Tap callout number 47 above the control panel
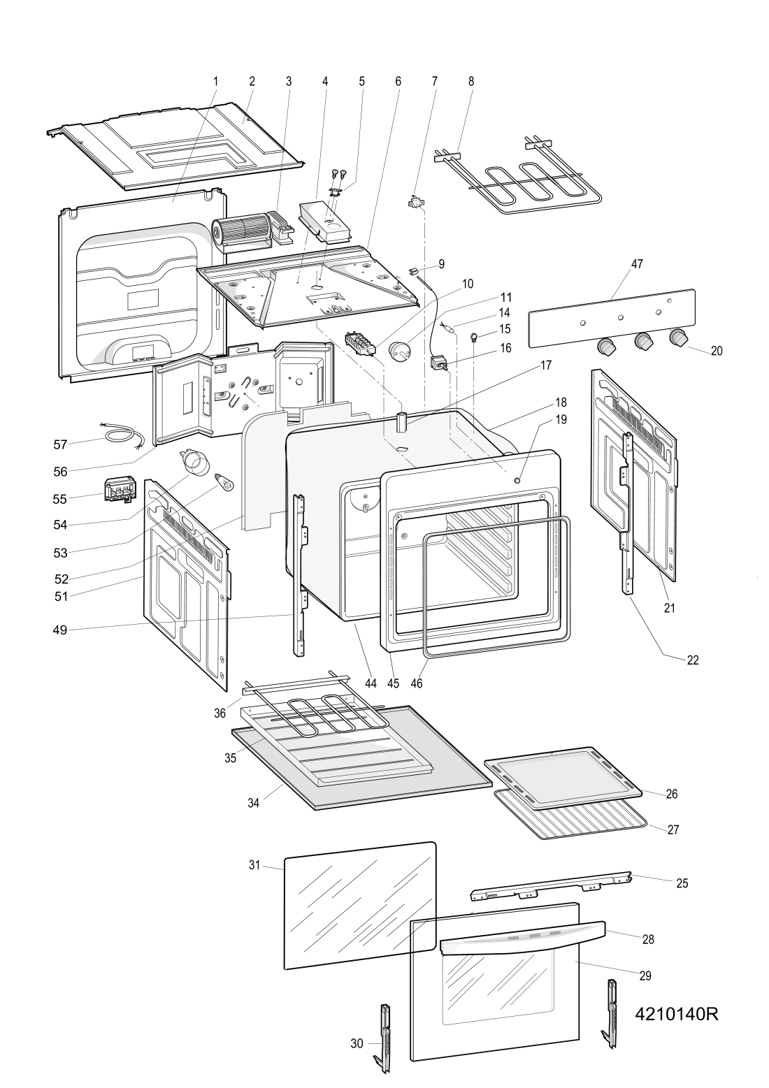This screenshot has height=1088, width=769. coord(637,263)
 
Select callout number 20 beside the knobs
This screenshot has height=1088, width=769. coord(717,350)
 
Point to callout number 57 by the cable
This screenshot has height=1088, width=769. coord(60,444)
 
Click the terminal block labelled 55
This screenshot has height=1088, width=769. coord(120,490)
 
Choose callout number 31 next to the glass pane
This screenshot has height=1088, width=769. coord(254,865)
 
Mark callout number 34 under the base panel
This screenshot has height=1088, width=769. coord(254,803)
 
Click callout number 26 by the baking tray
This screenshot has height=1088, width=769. coord(672,794)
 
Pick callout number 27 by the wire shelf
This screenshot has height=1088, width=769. coord(673,829)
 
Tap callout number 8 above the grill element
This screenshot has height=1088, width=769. coord(470,81)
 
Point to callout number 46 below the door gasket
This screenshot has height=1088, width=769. coord(417,683)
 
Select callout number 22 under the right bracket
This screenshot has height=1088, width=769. coord(692,660)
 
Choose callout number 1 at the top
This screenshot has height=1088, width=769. coord(215,81)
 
